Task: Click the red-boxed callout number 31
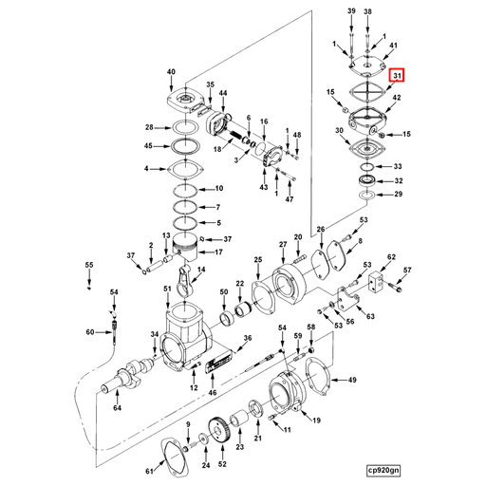[398, 76]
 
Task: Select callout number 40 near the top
[171, 73]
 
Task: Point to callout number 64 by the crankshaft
[117, 409]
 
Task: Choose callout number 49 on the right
[352, 380]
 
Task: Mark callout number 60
[91, 332]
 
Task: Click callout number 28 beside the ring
[150, 127]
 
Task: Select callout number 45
[150, 146]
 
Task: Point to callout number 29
[399, 195]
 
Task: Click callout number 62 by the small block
[391, 257]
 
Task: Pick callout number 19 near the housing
[315, 420]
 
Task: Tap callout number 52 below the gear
[223, 465]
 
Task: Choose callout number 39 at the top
[350, 10]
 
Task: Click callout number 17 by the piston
[217, 252]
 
